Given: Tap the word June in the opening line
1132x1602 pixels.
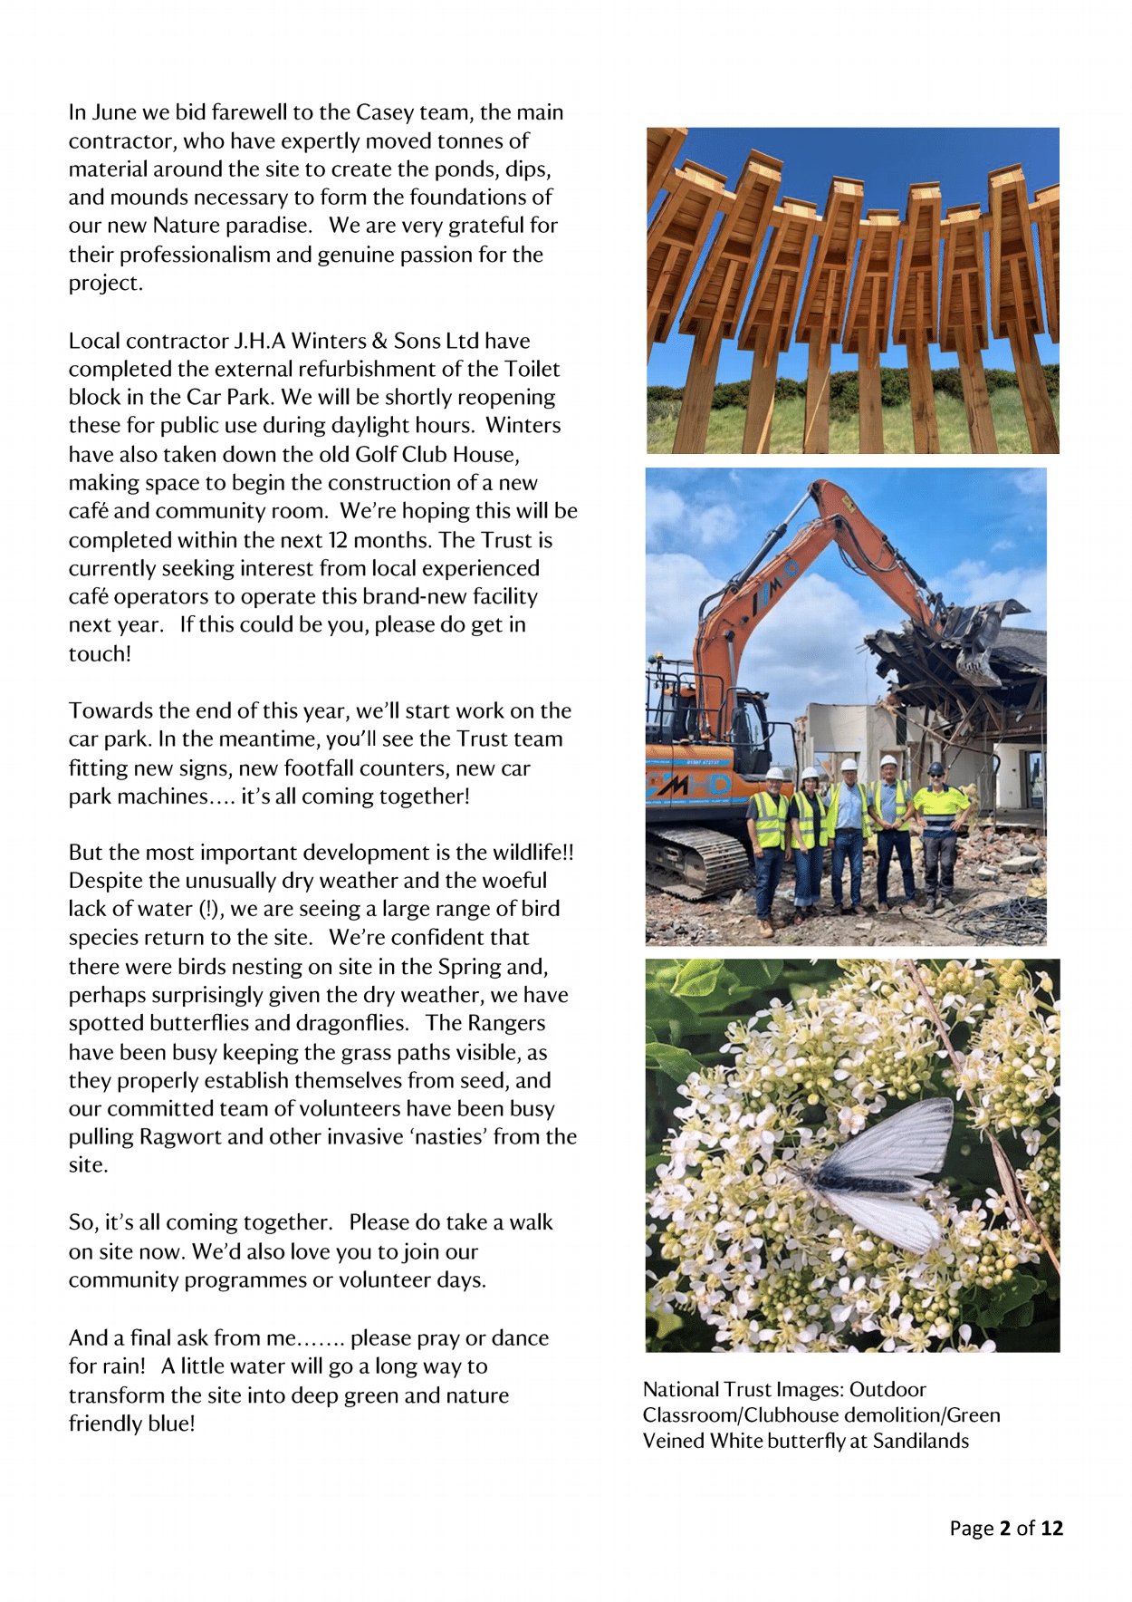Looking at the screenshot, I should (116, 112).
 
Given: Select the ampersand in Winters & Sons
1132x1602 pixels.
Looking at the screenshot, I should (379, 341).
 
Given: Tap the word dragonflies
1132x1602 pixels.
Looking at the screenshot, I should (351, 1023).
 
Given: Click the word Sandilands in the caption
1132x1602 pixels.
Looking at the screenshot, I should (920, 1441).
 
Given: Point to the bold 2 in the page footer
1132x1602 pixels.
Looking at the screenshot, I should (1004, 1529).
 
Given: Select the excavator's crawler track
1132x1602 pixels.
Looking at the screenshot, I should (697, 861).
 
